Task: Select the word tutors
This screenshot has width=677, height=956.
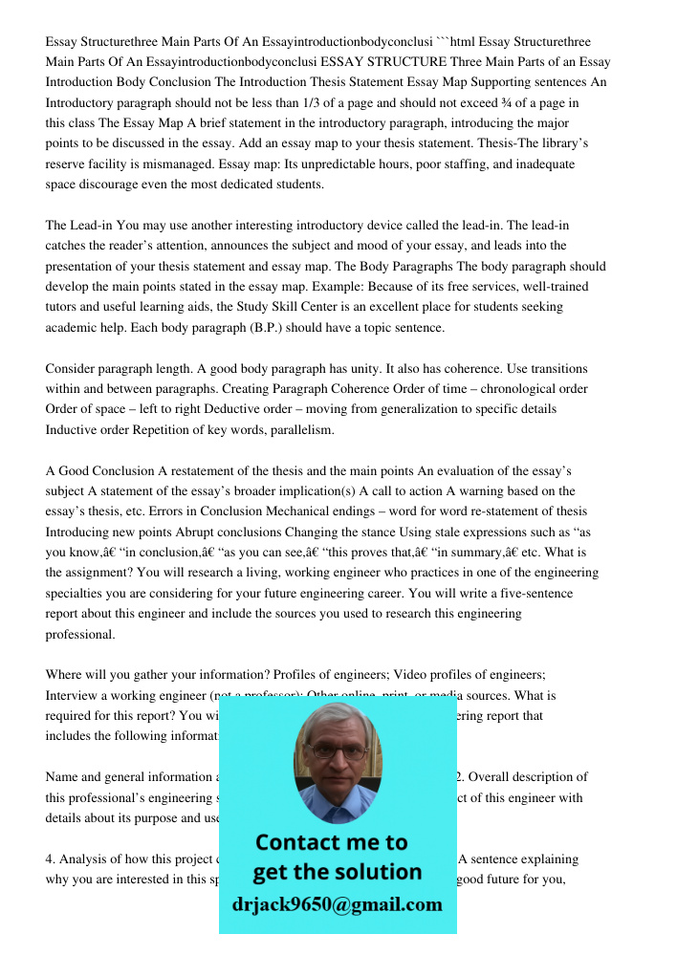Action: pos(65,307)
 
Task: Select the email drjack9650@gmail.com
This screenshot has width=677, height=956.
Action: pos(338,904)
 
